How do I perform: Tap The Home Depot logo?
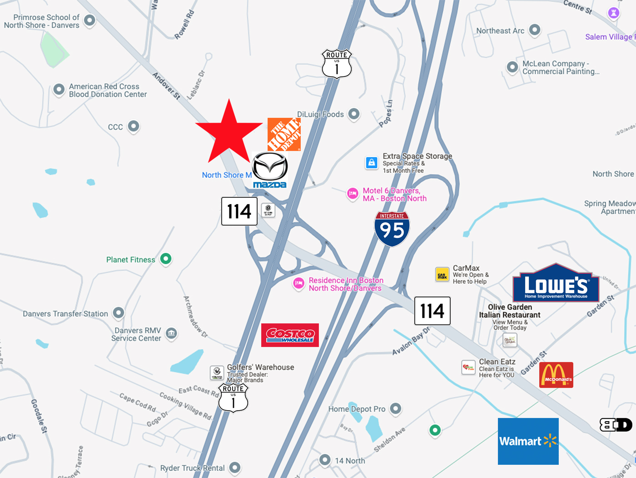(x=284, y=134)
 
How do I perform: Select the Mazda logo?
(x=270, y=170)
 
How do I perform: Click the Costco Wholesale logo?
(x=290, y=335)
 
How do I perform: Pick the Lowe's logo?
(x=556, y=283)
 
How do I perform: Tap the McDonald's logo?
(x=556, y=375)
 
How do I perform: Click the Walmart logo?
(x=528, y=441)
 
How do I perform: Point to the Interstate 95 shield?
(x=392, y=229)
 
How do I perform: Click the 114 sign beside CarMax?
(x=432, y=311)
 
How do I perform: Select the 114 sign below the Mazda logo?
(x=239, y=211)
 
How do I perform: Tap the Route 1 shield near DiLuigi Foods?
(x=337, y=64)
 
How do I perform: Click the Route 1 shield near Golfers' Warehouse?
(x=233, y=397)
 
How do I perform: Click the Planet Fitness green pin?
(x=166, y=259)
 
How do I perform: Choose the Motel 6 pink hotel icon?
(x=353, y=194)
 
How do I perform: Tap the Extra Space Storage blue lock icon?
(x=372, y=162)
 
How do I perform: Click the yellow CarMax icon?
(x=442, y=275)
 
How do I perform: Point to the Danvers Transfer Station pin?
(x=119, y=312)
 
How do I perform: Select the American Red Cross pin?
(x=59, y=89)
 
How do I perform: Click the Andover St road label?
(x=166, y=86)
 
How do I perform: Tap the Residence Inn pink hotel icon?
(x=298, y=283)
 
